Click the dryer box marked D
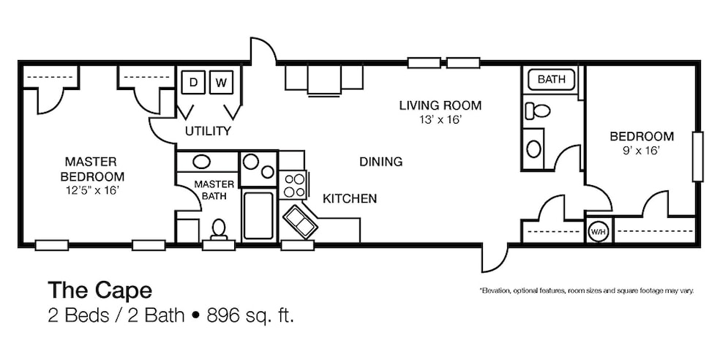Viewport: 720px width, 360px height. pos(193,82)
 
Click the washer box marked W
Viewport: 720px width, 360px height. pos(221,82)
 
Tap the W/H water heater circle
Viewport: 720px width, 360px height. pos(597,231)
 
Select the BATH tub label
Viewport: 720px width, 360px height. pos(551,80)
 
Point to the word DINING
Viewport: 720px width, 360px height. pos(380,162)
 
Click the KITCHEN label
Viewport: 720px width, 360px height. pos(350,198)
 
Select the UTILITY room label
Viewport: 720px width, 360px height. pos(208,132)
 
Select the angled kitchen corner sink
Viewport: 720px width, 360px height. pos(298,220)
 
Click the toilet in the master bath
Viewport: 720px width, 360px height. pos(217,230)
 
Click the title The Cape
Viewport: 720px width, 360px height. pos(100,290)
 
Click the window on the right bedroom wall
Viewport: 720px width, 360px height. pos(699,157)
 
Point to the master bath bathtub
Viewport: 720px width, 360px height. pos(258,215)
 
